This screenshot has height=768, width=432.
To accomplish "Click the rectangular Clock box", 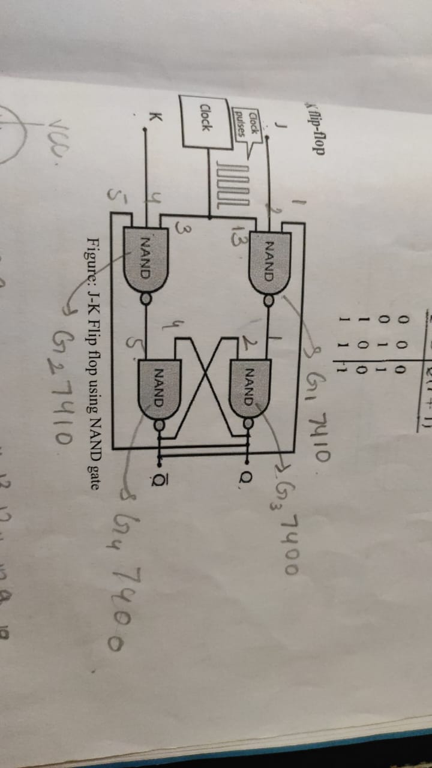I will tap(204, 127).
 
